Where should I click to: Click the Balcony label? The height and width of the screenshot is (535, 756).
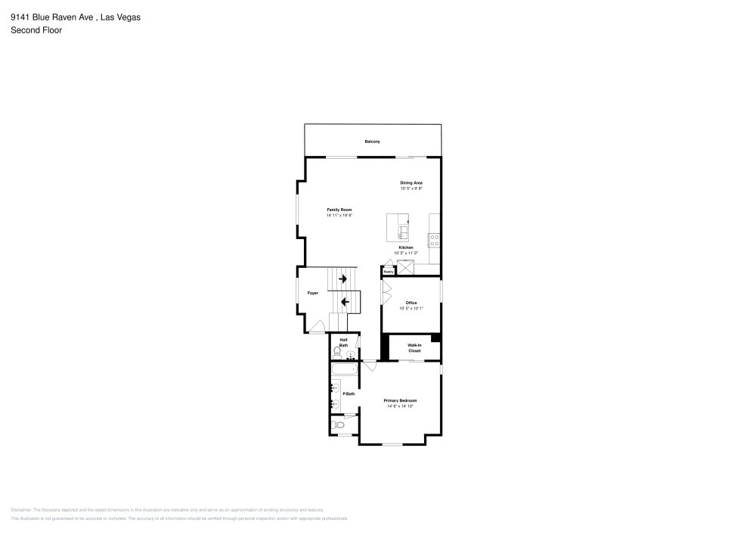(372, 142)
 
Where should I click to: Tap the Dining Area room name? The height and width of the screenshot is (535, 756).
(411, 182)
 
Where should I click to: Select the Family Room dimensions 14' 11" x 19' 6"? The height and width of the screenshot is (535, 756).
(339, 216)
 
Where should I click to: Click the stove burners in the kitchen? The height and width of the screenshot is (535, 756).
(435, 241)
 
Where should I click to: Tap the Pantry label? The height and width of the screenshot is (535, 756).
(388, 272)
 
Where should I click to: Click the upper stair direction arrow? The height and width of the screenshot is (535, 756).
(343, 279)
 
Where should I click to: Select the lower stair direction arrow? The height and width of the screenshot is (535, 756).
(344, 302)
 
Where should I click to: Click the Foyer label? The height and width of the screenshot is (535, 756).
(312, 293)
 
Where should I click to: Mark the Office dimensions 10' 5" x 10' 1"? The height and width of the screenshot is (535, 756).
(411, 308)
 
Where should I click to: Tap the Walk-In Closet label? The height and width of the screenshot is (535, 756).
(414, 348)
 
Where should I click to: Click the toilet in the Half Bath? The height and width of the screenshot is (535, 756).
(337, 351)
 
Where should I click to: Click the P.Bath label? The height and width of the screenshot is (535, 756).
(349, 393)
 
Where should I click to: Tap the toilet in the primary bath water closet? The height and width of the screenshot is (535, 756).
(339, 426)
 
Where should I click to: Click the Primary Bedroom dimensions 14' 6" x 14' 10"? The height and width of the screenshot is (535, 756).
(400, 406)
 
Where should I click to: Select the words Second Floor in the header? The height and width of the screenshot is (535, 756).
(36, 30)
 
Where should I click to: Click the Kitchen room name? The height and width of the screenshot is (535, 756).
(406, 247)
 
